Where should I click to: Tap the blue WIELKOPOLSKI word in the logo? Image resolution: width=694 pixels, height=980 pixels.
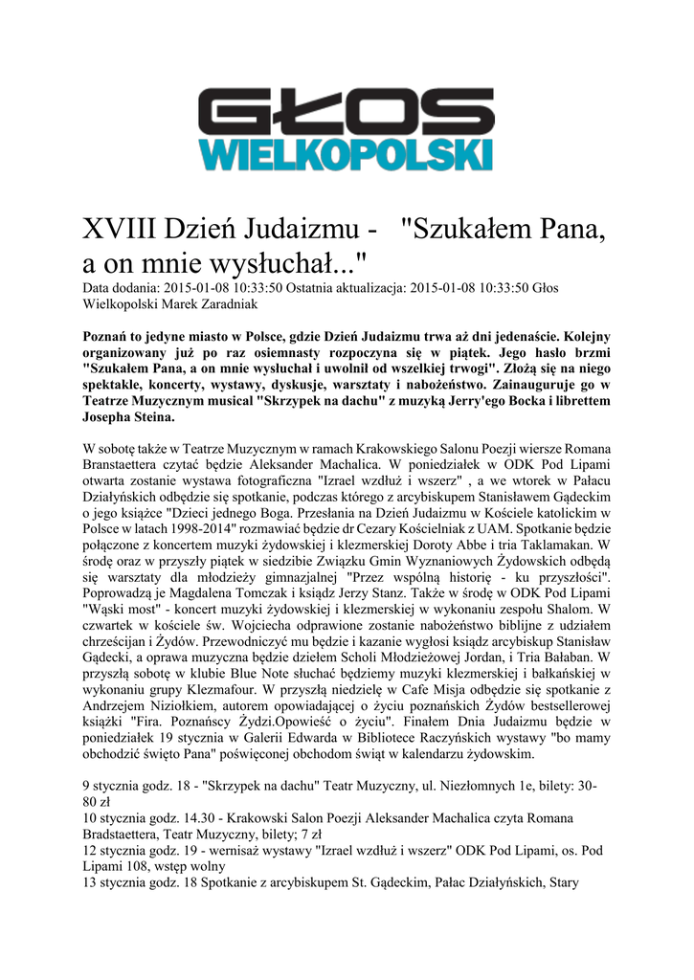(347, 155)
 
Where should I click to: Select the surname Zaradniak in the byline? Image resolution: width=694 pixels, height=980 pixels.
(224, 303)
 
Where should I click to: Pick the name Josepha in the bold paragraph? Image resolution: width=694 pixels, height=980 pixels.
(110, 418)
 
